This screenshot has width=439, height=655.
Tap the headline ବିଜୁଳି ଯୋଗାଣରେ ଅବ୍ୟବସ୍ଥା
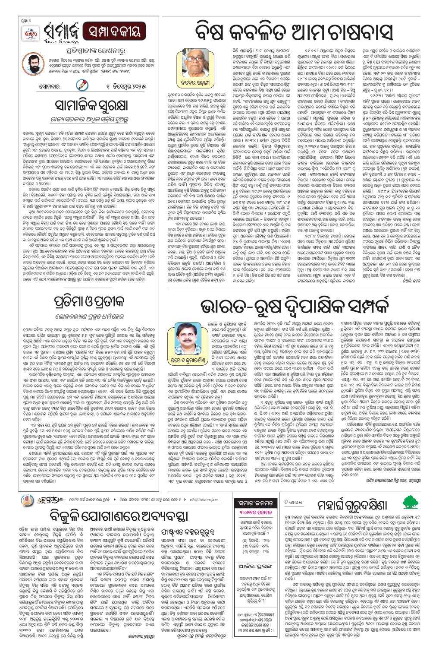pos(119,516)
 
